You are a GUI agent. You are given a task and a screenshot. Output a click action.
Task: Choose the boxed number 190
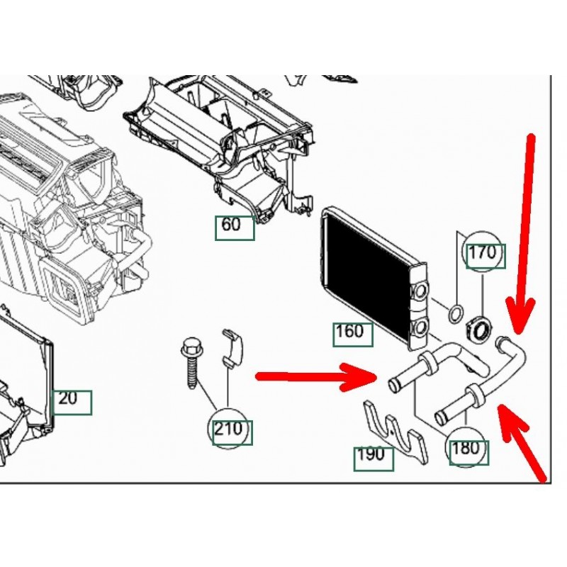point(373,455)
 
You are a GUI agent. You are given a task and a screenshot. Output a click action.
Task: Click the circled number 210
point(230,430)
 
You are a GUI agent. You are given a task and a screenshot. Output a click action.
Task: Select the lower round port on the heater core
point(420,327)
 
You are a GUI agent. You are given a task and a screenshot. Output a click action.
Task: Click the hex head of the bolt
point(189,349)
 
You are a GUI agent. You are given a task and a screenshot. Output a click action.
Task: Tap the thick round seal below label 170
point(481,328)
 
